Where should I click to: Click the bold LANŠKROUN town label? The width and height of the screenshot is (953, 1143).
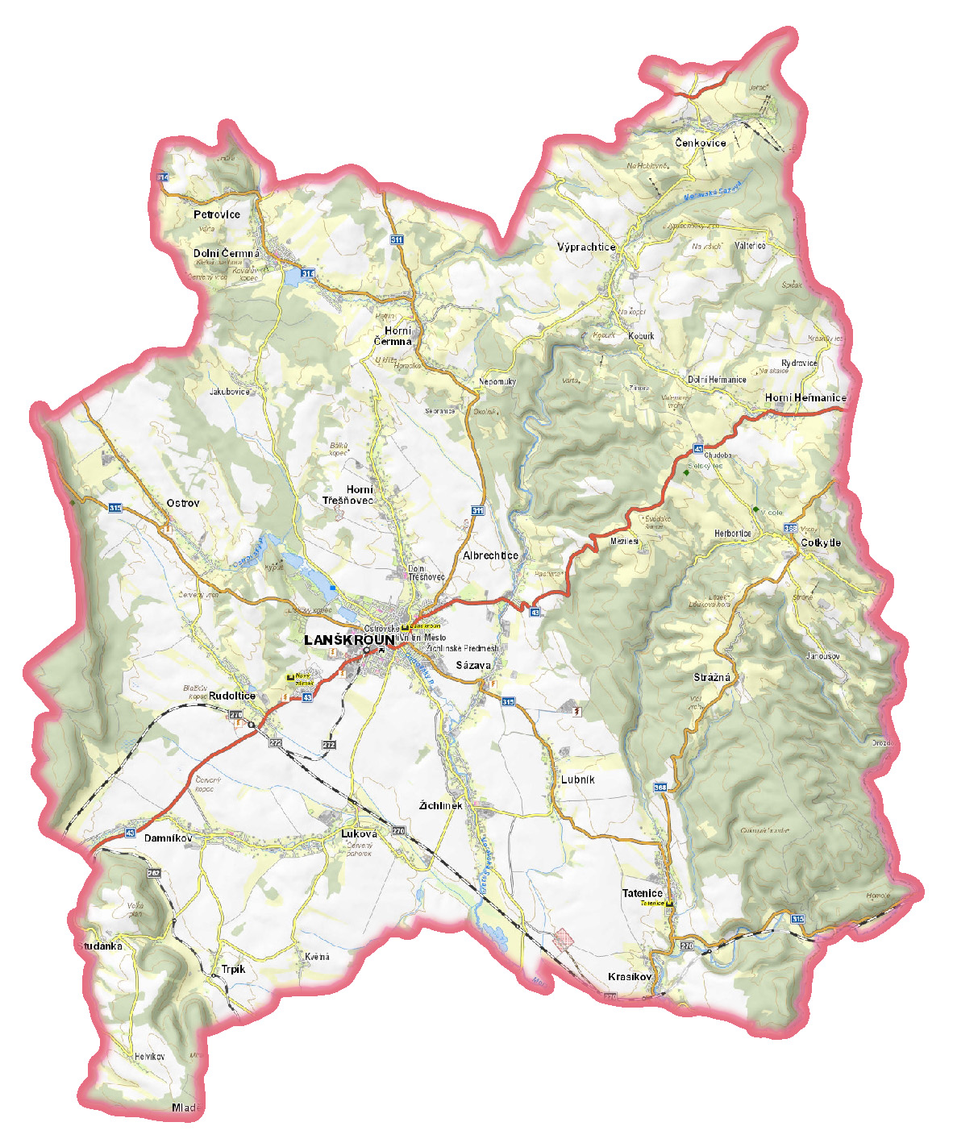[x=349, y=640]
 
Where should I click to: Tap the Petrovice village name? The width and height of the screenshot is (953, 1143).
[x=217, y=214]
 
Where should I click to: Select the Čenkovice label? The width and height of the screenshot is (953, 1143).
[x=701, y=143]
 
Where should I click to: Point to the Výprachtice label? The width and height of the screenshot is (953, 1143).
[x=586, y=247]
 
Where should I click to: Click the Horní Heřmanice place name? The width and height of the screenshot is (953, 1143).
[x=805, y=397]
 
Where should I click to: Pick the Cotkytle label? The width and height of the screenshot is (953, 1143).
[x=821, y=542]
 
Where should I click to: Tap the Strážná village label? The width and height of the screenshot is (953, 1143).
[x=712, y=677]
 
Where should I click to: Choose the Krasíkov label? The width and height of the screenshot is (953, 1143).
[x=630, y=976]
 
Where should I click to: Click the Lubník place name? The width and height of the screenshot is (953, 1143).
[x=578, y=779]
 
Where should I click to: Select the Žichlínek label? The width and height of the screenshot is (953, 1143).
[x=441, y=805]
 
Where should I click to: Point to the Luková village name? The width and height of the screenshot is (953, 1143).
[x=359, y=833]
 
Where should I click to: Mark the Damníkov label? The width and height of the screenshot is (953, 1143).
[x=169, y=838]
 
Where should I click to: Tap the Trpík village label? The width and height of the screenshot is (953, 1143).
[x=233, y=969]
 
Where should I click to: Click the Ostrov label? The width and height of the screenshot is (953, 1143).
[x=183, y=503]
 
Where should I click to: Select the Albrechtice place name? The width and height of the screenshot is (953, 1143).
[x=490, y=555]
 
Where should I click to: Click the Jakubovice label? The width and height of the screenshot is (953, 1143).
[x=230, y=392]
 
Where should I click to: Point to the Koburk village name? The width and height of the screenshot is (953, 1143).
[x=641, y=336]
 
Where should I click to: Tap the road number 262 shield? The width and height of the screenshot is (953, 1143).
[x=154, y=873]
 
